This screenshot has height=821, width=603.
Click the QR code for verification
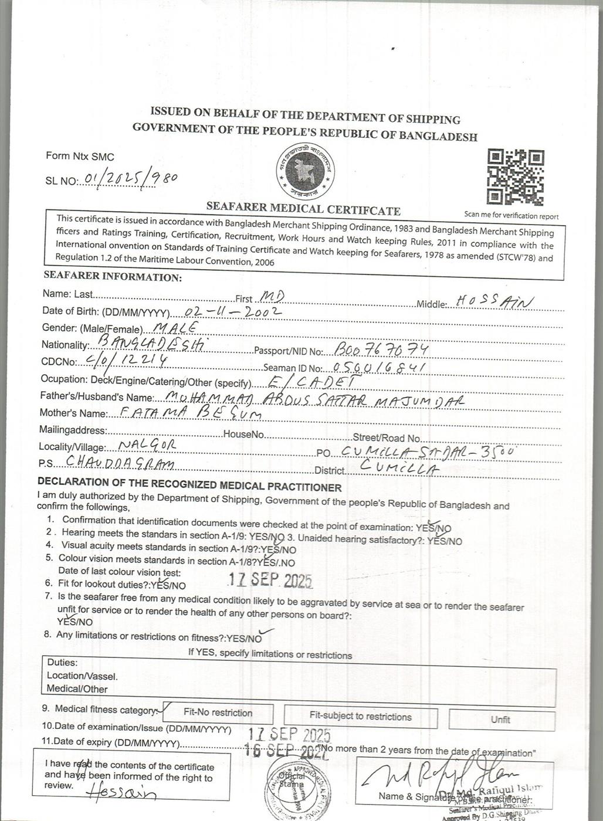[516, 177]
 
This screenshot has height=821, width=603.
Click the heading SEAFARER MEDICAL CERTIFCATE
[303, 209]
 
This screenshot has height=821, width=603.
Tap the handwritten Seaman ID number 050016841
[378, 368]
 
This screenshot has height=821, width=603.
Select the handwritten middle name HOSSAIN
[494, 301]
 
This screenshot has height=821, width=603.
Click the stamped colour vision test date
[270, 580]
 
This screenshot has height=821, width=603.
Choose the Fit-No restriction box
[218, 713]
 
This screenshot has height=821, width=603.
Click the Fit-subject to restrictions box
[360, 716]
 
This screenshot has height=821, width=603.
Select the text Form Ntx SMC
[80, 157]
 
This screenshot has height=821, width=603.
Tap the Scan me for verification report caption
[511, 216]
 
